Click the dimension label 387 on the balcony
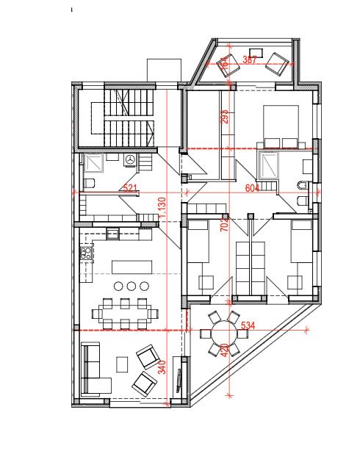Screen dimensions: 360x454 pos(249,60)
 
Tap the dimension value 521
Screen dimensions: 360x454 pos(130,188)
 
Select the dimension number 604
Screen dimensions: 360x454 pos(252,188)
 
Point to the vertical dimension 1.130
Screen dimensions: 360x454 pos(162,208)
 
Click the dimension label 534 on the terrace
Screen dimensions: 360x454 pos(248,325)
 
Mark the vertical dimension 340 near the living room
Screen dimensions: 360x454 pos(162,367)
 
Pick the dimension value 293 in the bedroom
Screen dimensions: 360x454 pos(225,116)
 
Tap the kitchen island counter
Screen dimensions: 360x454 pos(132,267)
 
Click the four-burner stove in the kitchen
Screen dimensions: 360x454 pos(86,253)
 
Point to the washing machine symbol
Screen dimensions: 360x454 pos(129,160)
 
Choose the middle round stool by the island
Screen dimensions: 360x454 pos(132,286)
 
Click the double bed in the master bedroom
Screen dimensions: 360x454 pos(281,126)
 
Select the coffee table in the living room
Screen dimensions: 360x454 pos(122,364)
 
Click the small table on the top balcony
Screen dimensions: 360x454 pos(256,54)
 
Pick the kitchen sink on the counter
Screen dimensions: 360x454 pos(112,234)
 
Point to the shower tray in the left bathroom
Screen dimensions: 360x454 pos(93,163)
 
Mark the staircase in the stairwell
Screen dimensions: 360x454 pos(123,118)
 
